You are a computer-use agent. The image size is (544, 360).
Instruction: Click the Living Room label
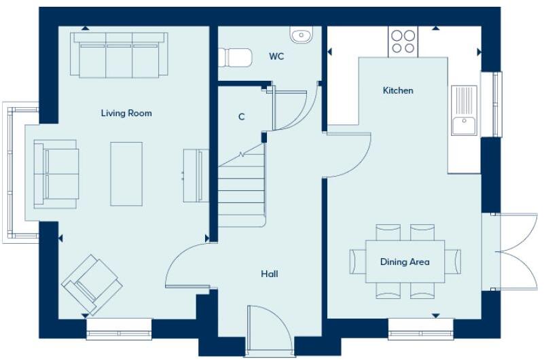click(126, 113)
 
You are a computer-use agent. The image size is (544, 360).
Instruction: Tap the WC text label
click(276, 56)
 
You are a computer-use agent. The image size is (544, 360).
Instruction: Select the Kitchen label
click(398, 90)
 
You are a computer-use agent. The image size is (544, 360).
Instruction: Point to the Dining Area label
click(405, 262)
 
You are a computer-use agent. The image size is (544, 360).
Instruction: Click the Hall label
click(270, 274)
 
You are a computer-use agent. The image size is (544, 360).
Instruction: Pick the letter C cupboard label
click(241, 117)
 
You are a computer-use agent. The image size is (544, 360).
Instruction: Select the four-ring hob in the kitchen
click(404, 41)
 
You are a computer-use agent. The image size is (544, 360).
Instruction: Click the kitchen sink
click(465, 112)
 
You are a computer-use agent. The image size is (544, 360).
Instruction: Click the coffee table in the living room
click(126, 173)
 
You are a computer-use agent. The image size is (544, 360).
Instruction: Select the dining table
click(405, 262)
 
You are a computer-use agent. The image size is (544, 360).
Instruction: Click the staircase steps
click(241, 187)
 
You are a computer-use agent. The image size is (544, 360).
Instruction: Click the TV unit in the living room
click(193, 175)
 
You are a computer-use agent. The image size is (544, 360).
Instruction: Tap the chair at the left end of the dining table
click(357, 262)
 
